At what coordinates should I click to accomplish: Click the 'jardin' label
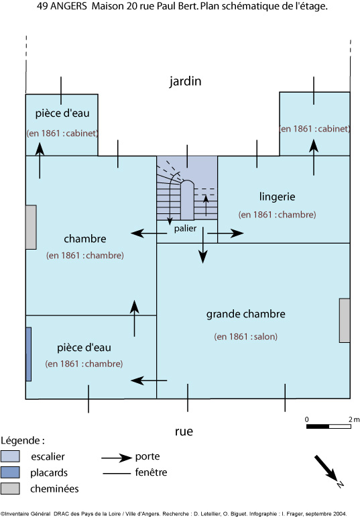click(185, 81)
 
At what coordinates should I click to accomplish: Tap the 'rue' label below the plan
click(184, 431)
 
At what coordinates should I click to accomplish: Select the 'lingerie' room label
click(277, 197)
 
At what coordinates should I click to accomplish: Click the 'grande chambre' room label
click(246, 314)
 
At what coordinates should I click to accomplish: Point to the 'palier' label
click(185, 228)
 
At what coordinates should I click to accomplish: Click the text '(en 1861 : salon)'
click(246, 337)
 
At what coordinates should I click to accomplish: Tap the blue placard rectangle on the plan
click(29, 354)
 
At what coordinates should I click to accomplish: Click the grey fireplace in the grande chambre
click(345, 321)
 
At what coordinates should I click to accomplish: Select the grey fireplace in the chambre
click(31, 227)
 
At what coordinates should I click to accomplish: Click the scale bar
click(328, 427)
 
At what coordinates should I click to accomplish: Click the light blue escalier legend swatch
click(10, 456)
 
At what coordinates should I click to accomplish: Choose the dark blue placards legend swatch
click(10, 472)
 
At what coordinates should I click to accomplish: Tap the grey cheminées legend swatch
click(10, 488)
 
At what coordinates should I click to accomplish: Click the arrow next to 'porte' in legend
click(117, 458)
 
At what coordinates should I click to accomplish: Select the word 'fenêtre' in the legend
click(151, 472)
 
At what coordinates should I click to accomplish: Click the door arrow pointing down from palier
click(203, 245)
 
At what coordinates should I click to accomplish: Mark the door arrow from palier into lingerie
click(226, 234)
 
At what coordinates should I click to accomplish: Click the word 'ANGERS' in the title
click(68, 6)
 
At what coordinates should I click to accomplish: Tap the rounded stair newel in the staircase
click(187, 199)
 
